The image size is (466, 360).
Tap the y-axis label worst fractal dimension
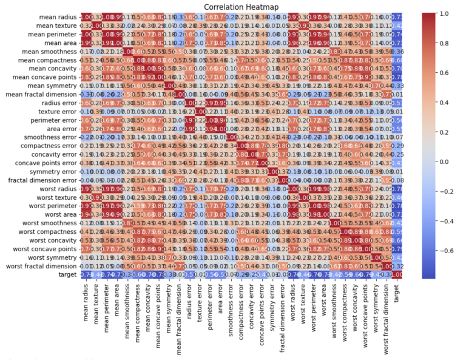[x=42, y=266]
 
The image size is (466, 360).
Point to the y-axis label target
[x=67, y=274]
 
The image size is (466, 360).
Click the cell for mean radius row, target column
[x=397, y=16]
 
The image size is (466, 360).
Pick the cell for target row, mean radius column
[x=87, y=274]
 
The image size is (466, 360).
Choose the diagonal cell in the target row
[x=397, y=274]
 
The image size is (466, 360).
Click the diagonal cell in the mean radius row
[x=87, y=16]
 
